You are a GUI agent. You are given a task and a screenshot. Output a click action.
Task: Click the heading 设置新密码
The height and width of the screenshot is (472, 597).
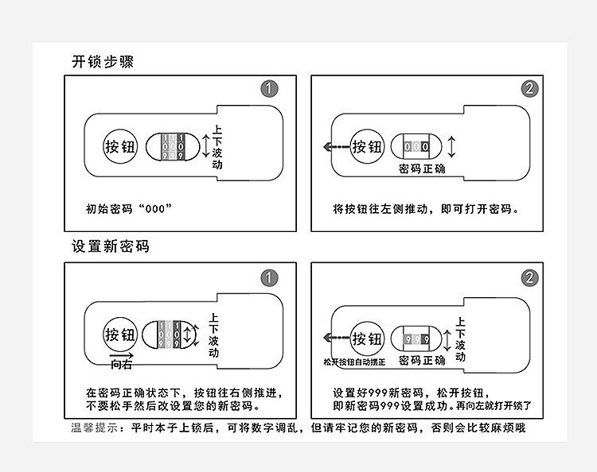(x=110, y=246)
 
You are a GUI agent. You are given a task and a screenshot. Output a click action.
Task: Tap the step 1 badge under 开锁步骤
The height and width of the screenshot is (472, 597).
(x=271, y=89)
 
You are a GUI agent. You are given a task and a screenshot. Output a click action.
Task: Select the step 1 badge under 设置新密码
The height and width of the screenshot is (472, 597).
(x=271, y=277)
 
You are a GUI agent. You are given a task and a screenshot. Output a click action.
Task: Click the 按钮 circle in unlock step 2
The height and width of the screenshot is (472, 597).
(x=368, y=147)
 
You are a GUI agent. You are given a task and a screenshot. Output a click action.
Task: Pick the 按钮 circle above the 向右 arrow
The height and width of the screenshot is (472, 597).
(x=121, y=335)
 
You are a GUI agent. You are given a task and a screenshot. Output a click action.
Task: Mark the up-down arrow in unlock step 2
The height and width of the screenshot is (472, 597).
(x=452, y=147)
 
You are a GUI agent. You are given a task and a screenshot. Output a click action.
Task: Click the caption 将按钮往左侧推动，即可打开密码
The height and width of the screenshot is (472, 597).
(x=426, y=210)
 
